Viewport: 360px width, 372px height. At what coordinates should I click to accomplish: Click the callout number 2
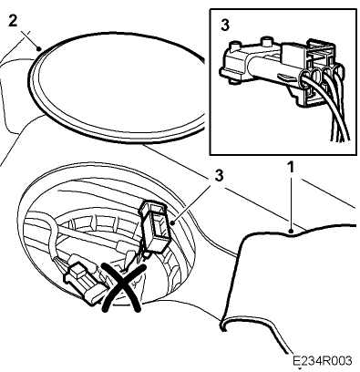click(x=12, y=21)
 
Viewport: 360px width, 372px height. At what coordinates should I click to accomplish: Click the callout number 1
click(x=291, y=168)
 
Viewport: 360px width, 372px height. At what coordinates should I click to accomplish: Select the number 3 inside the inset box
click(x=225, y=26)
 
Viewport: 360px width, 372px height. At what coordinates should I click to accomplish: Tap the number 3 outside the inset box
click(x=219, y=175)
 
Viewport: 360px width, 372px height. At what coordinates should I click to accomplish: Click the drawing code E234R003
click(x=323, y=361)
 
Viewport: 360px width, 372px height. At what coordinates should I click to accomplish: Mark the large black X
click(x=123, y=287)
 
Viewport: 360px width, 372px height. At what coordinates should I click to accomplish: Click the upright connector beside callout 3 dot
click(x=155, y=226)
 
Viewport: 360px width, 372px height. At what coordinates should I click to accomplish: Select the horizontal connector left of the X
click(x=81, y=281)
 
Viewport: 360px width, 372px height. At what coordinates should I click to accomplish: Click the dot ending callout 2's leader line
click(x=38, y=48)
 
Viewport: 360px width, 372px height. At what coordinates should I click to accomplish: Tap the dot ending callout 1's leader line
click(x=291, y=231)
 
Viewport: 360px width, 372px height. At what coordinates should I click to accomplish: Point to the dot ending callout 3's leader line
click(x=172, y=223)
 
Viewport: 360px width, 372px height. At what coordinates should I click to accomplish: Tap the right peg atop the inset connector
click(x=267, y=41)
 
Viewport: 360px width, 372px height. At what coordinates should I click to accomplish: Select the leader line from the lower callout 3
click(x=192, y=204)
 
